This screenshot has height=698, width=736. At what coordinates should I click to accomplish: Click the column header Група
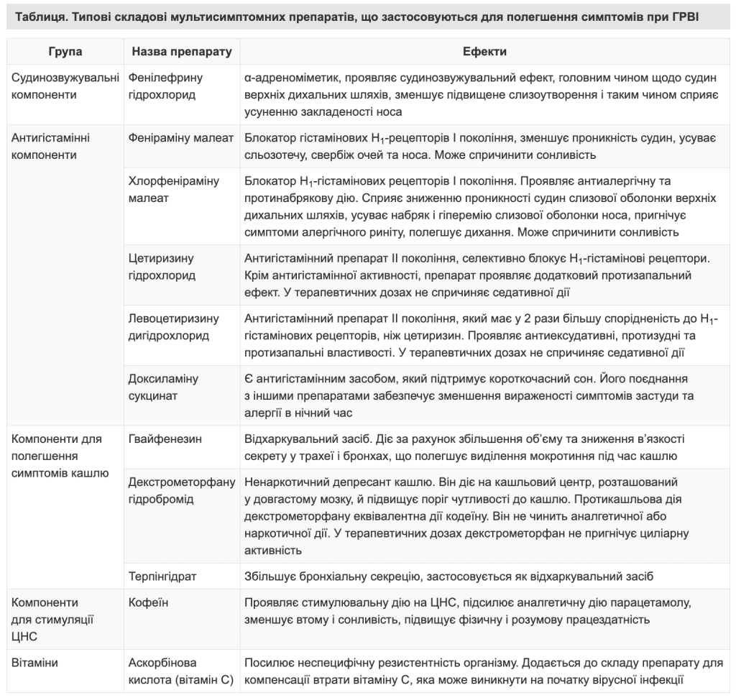click(x=65, y=52)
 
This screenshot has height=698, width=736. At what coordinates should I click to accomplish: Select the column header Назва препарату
click(x=180, y=52)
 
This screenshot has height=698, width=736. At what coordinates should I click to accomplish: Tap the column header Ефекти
click(x=484, y=52)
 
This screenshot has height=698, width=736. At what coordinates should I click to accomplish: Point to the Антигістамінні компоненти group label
click(x=51, y=145)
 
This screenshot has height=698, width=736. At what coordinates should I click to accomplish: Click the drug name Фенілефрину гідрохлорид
click(x=165, y=86)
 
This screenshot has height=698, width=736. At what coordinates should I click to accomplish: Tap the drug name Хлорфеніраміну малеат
click(x=173, y=189)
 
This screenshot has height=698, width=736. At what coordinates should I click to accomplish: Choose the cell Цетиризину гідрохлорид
click(x=161, y=266)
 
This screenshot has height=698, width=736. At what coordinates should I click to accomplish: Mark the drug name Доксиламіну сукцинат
click(x=162, y=387)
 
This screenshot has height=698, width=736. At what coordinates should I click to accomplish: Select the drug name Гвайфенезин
click(x=165, y=438)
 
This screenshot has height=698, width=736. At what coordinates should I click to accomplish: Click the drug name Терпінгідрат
click(x=162, y=576)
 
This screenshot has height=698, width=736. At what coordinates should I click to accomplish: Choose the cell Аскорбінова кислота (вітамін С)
click(x=180, y=671)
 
